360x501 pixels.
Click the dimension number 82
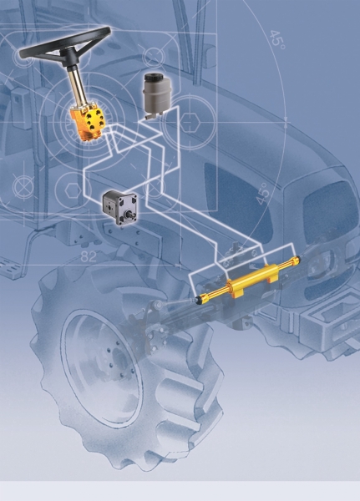click(89, 256)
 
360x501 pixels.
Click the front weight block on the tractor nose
click(331, 321)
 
